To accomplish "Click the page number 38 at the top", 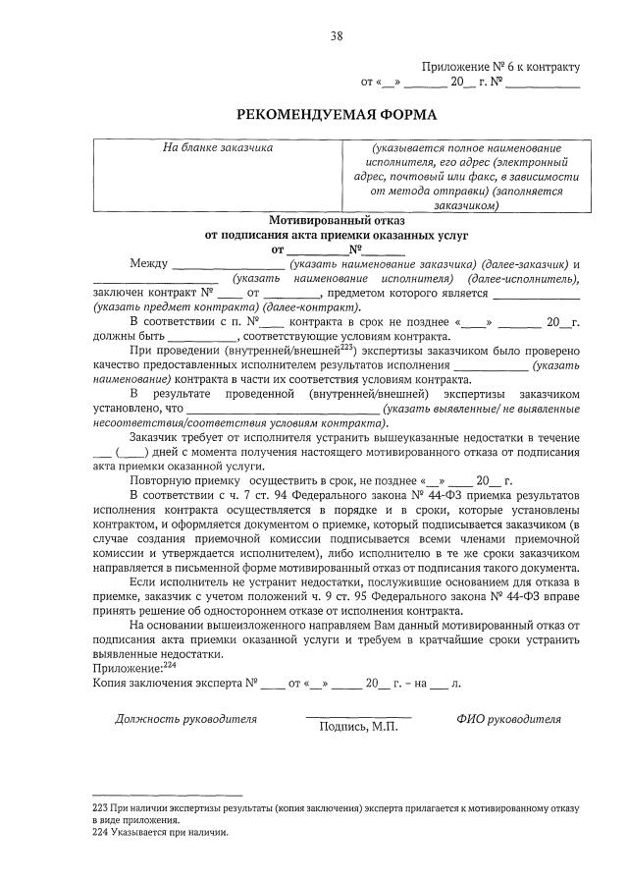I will coord(337,37).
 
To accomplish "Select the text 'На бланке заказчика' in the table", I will coord(218,148).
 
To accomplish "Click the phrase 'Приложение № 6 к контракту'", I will coord(501,67).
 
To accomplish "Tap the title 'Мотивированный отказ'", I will coord(337,221).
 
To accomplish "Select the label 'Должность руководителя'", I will coord(186,718).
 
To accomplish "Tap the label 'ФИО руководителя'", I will coord(508,718).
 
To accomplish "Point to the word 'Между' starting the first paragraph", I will coord(148,264).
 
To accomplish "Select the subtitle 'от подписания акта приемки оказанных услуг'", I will coord(337,236).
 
